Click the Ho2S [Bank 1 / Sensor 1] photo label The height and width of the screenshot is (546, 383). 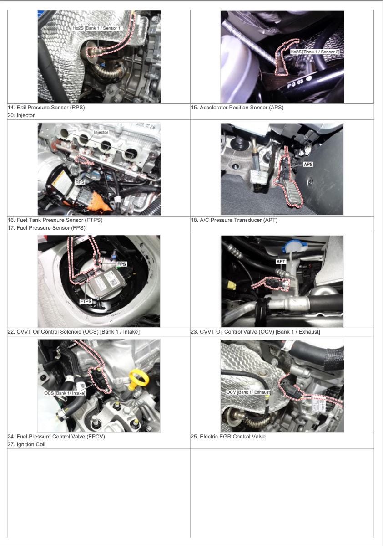coord(97,28)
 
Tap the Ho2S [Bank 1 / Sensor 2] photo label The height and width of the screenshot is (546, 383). coord(315,52)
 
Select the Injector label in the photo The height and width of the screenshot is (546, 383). coord(101,132)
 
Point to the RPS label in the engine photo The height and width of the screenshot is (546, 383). coord(80,182)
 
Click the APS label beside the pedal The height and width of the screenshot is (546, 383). coord(308,164)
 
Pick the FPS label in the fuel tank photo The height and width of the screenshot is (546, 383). coord(121,264)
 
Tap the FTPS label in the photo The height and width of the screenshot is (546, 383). coord(86,301)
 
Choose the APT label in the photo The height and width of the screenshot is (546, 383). coord(281,262)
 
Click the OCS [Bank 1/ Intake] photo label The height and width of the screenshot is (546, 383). coord(65,393)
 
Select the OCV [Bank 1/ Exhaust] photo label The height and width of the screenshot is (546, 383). coord(248,392)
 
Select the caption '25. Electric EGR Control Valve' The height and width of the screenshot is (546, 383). coord(228,437)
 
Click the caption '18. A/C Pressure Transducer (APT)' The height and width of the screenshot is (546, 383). coord(234,220)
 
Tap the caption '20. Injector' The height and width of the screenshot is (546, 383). coord(21,115)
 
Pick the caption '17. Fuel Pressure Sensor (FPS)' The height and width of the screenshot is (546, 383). coord(46,228)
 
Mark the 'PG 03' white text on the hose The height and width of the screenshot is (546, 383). coord(296,83)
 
